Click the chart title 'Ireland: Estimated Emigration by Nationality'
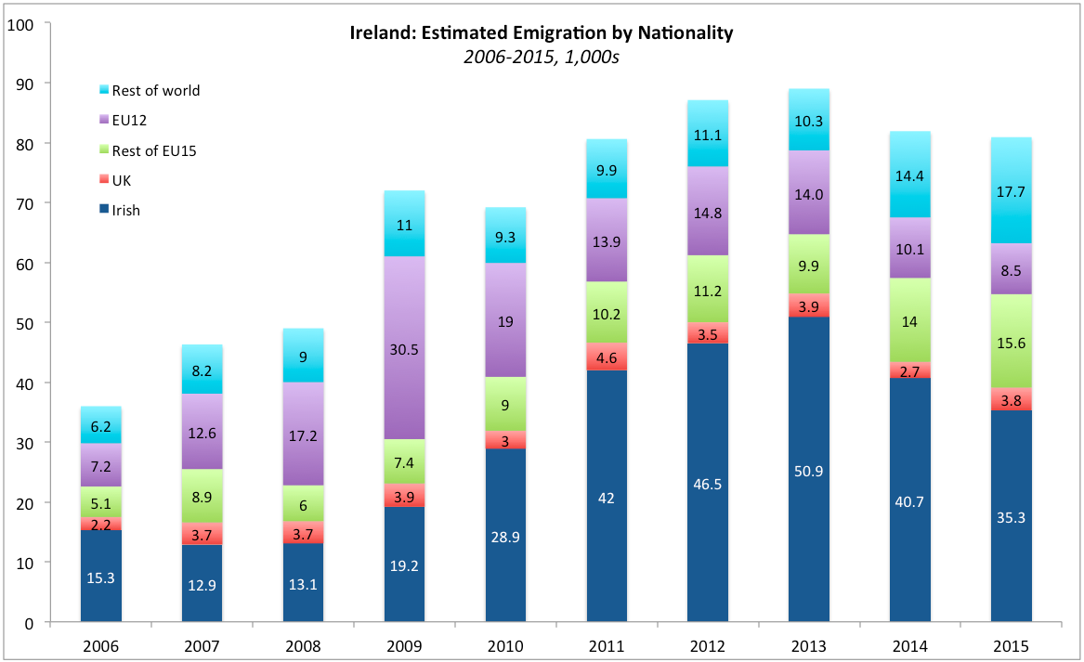click(x=542, y=33)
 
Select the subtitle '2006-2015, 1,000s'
click(x=542, y=56)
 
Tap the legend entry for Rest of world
click(x=155, y=90)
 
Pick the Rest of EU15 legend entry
click(x=153, y=150)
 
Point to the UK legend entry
click(x=121, y=180)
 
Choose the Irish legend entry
click(x=125, y=210)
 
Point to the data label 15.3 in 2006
click(x=101, y=578)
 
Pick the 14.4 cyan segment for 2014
click(x=909, y=175)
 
